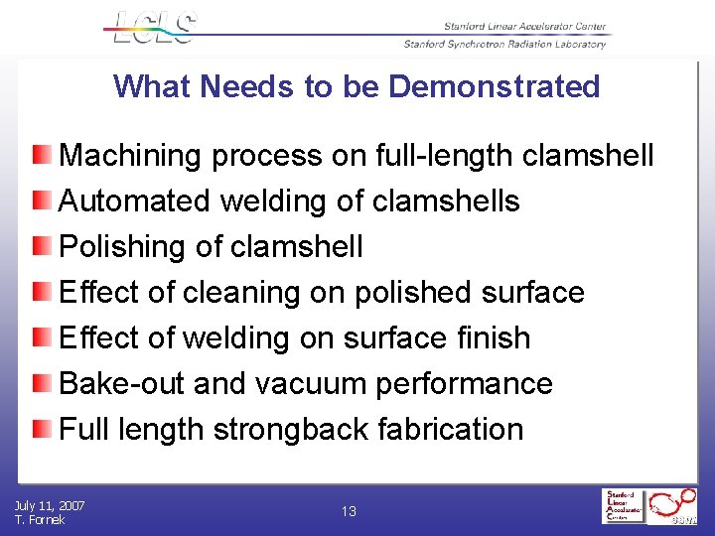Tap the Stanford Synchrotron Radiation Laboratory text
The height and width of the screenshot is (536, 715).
[x=504, y=44]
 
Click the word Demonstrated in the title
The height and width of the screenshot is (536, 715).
[x=495, y=86]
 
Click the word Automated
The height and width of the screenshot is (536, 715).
[x=135, y=201]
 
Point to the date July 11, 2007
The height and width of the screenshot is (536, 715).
[x=50, y=506]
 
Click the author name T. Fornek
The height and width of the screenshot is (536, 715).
[x=40, y=520]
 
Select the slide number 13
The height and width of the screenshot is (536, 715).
[x=349, y=512]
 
